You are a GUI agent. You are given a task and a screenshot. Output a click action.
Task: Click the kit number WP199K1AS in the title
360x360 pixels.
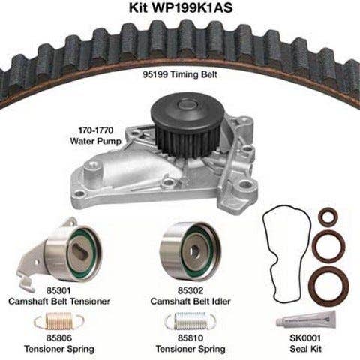click(x=192, y=7)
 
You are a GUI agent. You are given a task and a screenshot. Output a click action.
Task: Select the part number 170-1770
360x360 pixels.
click(x=96, y=130)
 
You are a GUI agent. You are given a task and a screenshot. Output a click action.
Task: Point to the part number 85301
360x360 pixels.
click(x=58, y=290)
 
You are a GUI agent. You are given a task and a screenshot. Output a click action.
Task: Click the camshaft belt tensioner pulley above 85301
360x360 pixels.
click(x=73, y=253)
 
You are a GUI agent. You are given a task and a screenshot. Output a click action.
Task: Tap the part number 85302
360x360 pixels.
click(x=190, y=290)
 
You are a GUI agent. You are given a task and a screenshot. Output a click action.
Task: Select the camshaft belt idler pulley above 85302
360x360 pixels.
click(x=190, y=251)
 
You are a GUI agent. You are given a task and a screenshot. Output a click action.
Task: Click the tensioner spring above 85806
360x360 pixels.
click(x=59, y=321)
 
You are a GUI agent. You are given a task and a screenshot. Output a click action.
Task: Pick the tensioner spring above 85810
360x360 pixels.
click(x=190, y=321)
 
